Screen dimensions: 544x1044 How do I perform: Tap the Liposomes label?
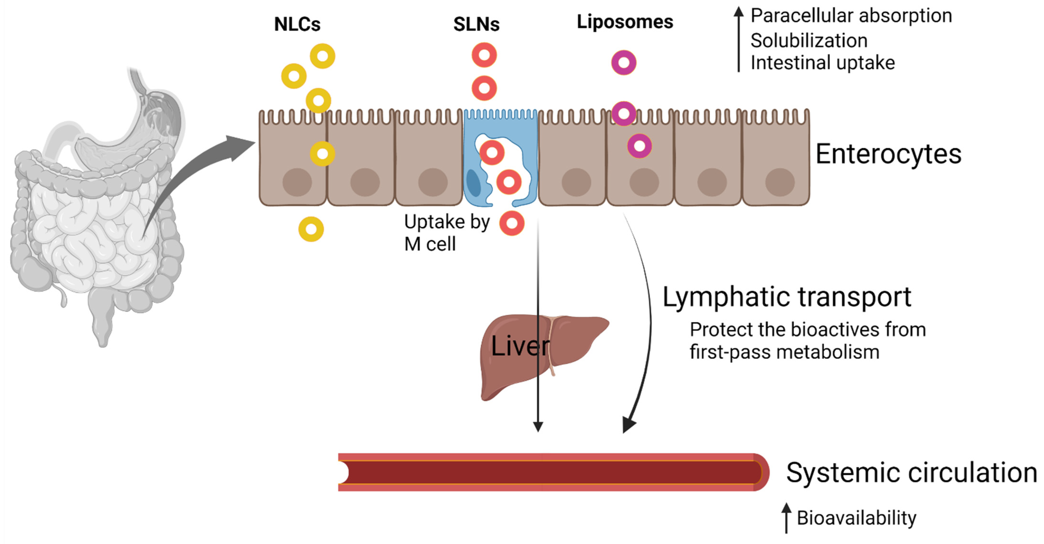625,22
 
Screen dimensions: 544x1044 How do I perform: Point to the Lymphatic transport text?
787,297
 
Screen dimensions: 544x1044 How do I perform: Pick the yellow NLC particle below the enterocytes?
311,229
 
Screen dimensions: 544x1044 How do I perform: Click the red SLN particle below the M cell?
511,223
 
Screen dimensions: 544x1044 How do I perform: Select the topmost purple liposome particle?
624,62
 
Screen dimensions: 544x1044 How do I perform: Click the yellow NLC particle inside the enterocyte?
322,154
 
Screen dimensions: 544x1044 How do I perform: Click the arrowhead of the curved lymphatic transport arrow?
629,425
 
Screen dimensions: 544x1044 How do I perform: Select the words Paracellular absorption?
851,16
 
